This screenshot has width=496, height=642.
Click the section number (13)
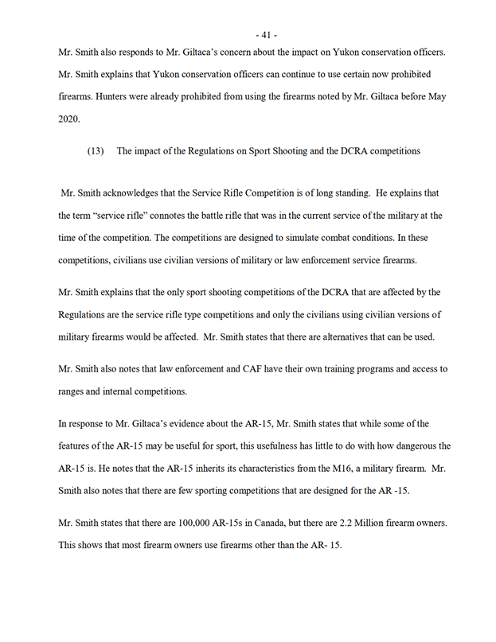tap(96, 151)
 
